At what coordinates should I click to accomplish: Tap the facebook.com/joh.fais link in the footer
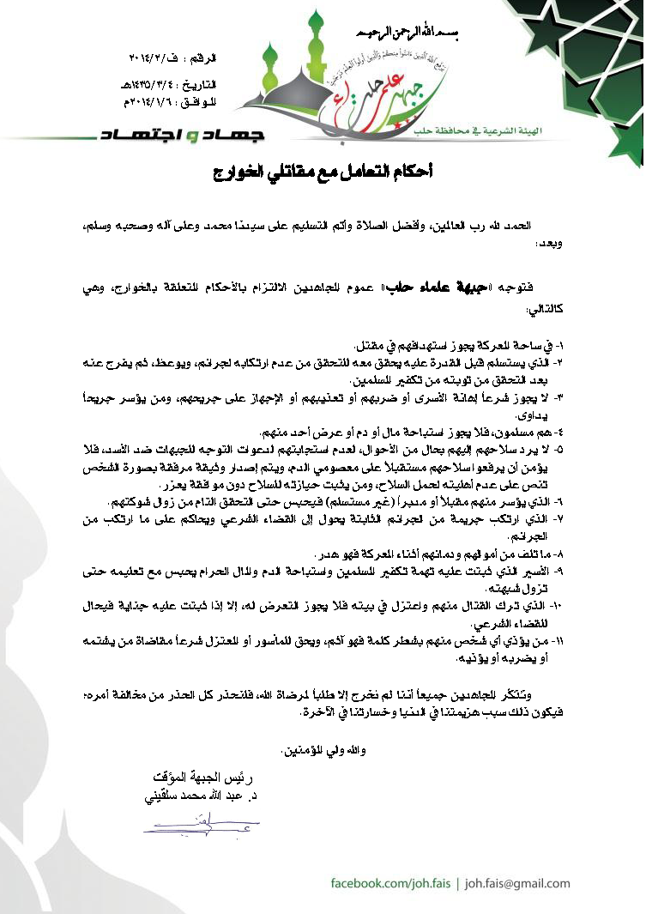pyautogui.click(x=389, y=883)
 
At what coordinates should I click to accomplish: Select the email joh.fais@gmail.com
pyautogui.click(x=517, y=883)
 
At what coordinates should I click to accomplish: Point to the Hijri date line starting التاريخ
pyautogui.click(x=167, y=87)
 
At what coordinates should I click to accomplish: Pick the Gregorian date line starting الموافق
pyautogui.click(x=168, y=100)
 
